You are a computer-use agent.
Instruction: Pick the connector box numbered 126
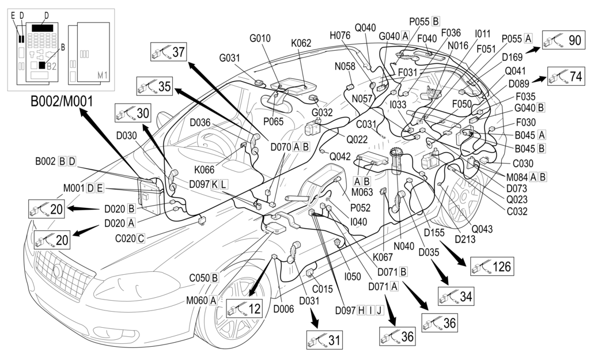(491, 266)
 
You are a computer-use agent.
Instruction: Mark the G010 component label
(260, 39)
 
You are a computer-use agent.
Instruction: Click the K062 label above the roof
(301, 42)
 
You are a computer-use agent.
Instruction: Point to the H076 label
(339, 36)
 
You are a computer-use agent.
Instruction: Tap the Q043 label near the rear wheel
(482, 229)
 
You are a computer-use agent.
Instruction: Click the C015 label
(323, 289)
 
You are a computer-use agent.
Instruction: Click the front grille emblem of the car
(58, 270)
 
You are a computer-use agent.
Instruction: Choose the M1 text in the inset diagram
(103, 74)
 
